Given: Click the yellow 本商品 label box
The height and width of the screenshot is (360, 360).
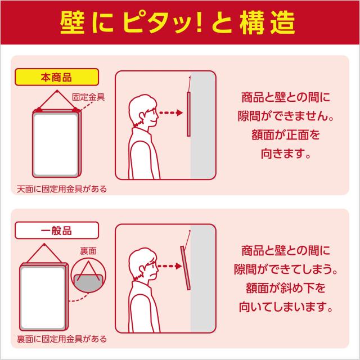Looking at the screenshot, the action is [x=57, y=77].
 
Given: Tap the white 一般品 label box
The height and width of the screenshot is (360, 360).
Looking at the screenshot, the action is [x=57, y=230].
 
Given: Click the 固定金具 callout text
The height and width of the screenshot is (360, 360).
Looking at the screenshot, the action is [x=88, y=97].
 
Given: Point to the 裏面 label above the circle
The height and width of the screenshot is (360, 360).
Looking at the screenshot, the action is [x=88, y=251].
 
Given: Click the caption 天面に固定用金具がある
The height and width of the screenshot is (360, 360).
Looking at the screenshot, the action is [x=62, y=189].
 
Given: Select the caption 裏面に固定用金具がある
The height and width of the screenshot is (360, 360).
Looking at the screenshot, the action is [x=62, y=339].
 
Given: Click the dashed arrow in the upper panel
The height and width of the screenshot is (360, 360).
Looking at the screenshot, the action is [x=171, y=112].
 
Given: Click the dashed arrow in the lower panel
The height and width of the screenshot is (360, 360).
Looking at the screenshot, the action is [x=170, y=266].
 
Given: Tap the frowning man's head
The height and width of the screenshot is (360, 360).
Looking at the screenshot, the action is [x=143, y=264].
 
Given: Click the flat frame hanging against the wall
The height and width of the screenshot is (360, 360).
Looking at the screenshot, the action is [x=188, y=114].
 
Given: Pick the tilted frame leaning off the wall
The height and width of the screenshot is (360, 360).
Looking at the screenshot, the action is [x=186, y=268].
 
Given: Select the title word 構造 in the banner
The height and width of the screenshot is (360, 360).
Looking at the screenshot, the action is [x=268, y=24].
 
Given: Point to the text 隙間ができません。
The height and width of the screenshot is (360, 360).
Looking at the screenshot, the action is [x=286, y=116].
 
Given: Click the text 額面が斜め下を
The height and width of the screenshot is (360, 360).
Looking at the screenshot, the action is [x=286, y=288].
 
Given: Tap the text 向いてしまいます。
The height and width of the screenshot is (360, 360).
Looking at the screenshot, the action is [x=286, y=307].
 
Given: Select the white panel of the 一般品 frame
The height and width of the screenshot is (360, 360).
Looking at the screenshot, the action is [x=43, y=298].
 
